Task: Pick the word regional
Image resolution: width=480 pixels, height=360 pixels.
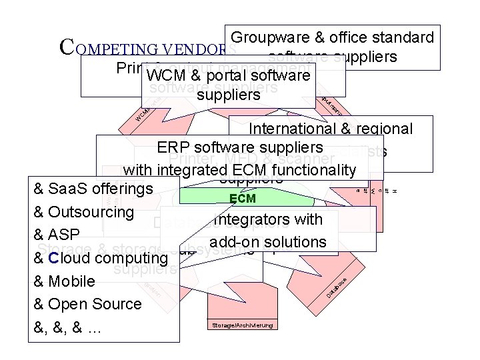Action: pyautogui.click(x=387, y=129)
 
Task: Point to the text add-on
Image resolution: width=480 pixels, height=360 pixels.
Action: pyautogui.click(x=234, y=241)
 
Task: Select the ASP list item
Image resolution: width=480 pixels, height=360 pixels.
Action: pyautogui.click(x=65, y=235)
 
